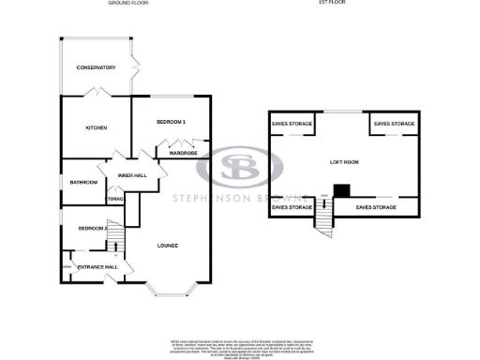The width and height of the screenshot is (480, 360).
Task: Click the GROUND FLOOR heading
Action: coord(128,4)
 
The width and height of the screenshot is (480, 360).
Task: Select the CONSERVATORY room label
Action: coord(96,67)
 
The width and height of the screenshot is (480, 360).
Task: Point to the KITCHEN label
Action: coord(96,127)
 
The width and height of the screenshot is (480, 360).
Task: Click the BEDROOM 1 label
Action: coord(171,123)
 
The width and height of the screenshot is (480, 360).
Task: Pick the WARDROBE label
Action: coord(182,153)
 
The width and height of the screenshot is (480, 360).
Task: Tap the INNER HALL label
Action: coord(132,175)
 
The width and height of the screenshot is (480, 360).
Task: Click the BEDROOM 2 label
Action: coord(92,228)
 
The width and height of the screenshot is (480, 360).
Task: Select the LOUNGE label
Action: coord(168,246)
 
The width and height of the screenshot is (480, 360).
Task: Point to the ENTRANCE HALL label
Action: coord(97,267)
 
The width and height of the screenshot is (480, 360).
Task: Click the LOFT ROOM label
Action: coord(344,161)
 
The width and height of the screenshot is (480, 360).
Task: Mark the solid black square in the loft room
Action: coord(342,190)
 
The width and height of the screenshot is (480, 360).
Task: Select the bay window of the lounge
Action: coord(170,288)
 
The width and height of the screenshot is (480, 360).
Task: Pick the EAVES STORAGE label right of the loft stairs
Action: coord(376,206)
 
